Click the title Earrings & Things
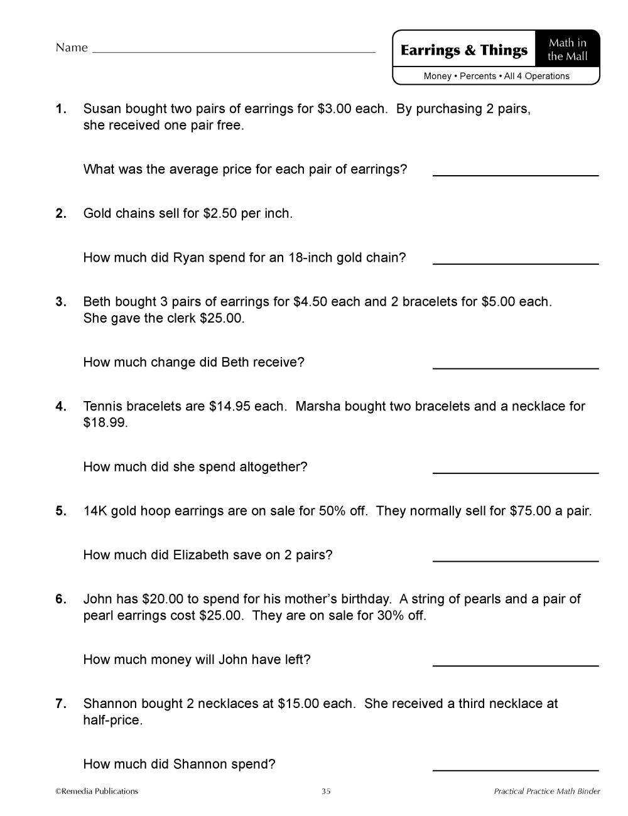pyautogui.click(x=464, y=50)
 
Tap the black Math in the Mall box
pyautogui.click(x=567, y=49)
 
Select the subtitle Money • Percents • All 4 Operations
pyautogui.click(x=496, y=77)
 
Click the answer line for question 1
pyautogui.click(x=516, y=174)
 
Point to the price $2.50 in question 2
pyautogui.click(x=220, y=213)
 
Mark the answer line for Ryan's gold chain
pyautogui.click(x=516, y=263)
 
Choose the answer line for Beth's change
pyautogui.click(x=516, y=367)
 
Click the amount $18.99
pyautogui.click(x=106, y=422)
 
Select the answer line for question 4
pyautogui.click(x=516, y=472)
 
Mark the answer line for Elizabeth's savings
pyautogui.click(x=516, y=560)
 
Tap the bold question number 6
pyautogui.click(x=61, y=599)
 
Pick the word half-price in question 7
pyautogui.click(x=113, y=721)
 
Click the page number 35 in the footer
pyautogui.click(x=326, y=792)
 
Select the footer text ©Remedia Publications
pyautogui.click(x=97, y=792)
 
